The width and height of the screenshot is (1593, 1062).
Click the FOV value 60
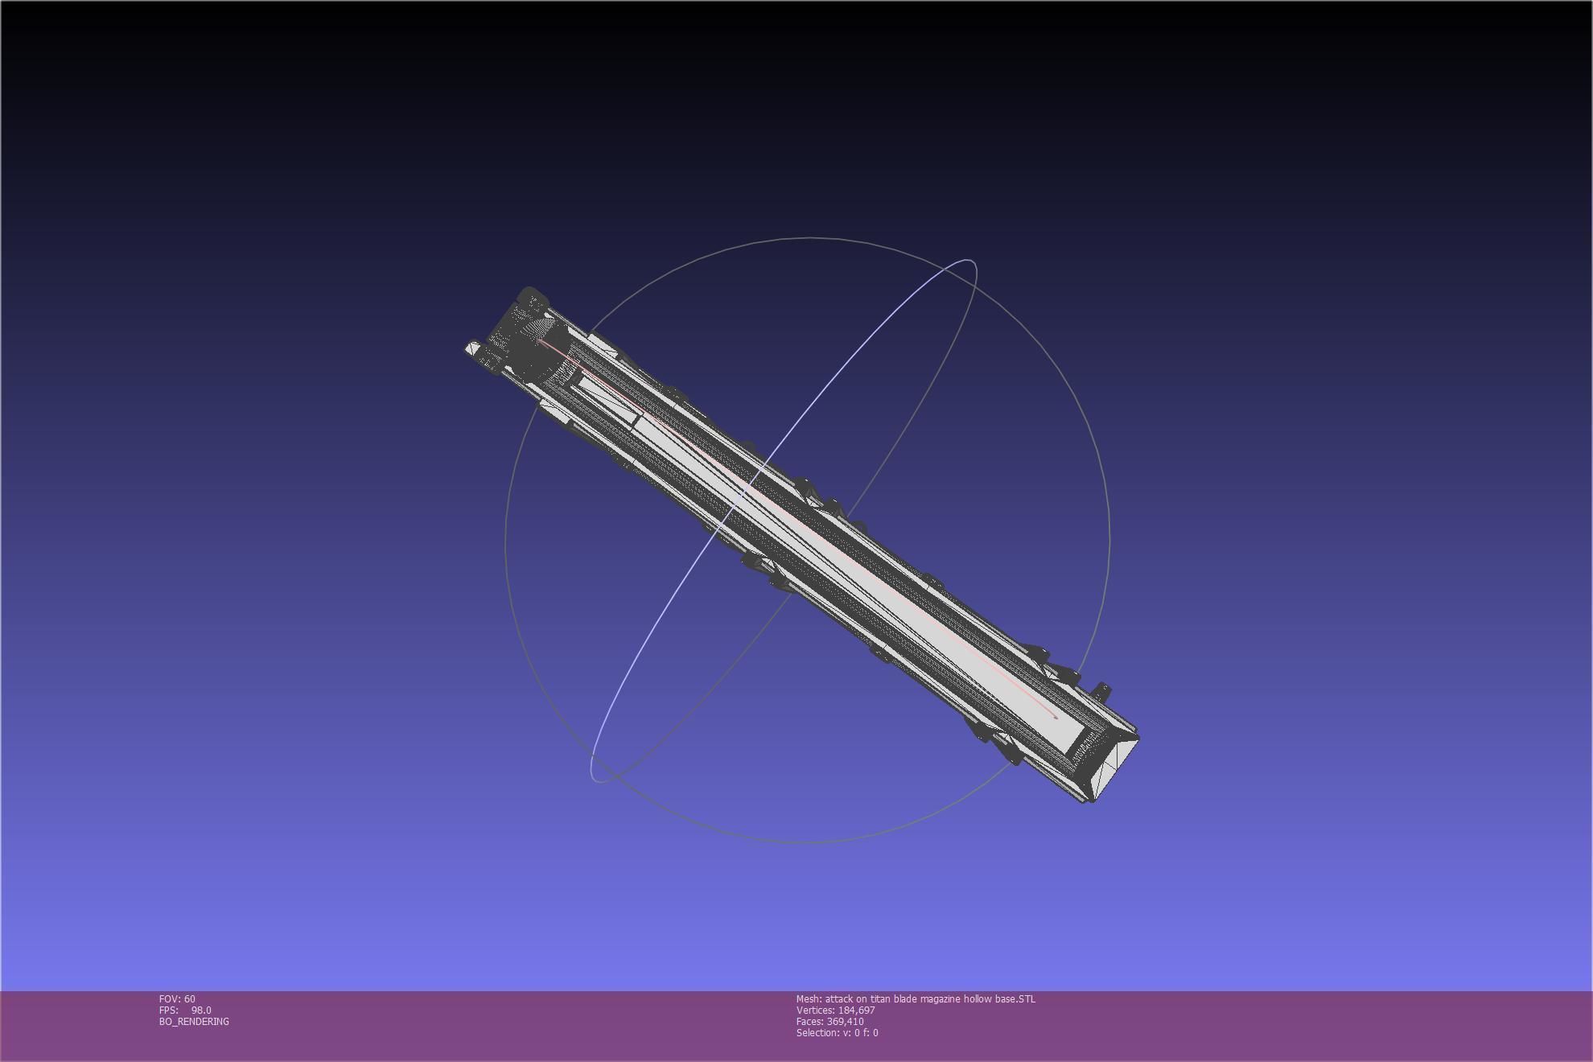point(189,999)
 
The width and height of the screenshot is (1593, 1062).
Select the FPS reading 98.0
point(201,1011)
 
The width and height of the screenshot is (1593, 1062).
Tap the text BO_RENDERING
point(194,1022)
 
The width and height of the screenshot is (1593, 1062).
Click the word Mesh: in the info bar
point(809,999)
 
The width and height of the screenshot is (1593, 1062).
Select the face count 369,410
point(845,1022)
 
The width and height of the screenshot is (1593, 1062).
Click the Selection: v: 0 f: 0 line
point(837,1033)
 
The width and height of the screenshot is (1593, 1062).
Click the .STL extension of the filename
point(1026,999)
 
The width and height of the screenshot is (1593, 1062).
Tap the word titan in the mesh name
point(880,999)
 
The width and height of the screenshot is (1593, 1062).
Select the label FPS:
point(169,1011)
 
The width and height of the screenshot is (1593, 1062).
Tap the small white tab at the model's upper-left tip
point(472,349)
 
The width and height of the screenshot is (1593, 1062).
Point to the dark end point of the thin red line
point(1056,718)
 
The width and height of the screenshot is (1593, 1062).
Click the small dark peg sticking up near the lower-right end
point(1101,690)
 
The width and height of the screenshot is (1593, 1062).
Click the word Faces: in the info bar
point(810,1022)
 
